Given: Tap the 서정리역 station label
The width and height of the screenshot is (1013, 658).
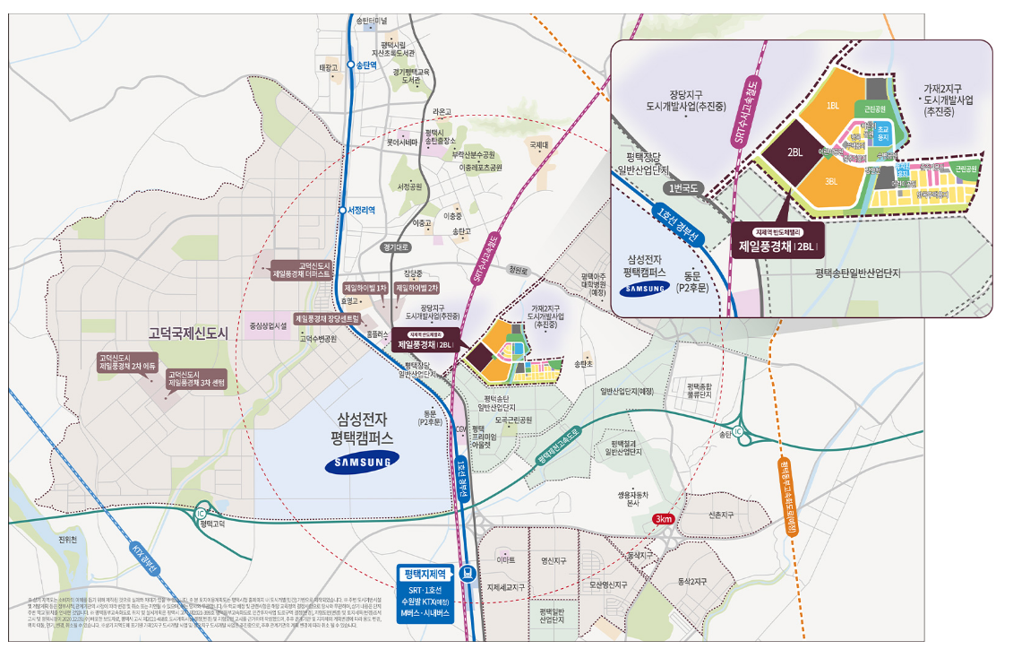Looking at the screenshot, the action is tap(360, 211).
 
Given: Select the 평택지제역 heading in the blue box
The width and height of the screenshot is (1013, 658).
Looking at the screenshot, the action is tap(425, 572).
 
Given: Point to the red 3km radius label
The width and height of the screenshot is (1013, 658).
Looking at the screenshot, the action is tap(664, 519).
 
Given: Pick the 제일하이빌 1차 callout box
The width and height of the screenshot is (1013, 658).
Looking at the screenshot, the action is tap(365, 288).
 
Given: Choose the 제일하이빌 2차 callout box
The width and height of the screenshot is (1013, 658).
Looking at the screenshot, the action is tap(417, 288).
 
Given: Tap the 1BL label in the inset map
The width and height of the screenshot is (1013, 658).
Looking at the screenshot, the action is tap(832, 106).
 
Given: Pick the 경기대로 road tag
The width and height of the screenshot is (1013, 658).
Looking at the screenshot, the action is tap(395, 247).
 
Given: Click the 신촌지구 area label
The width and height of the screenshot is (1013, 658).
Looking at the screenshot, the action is tap(721, 515).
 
